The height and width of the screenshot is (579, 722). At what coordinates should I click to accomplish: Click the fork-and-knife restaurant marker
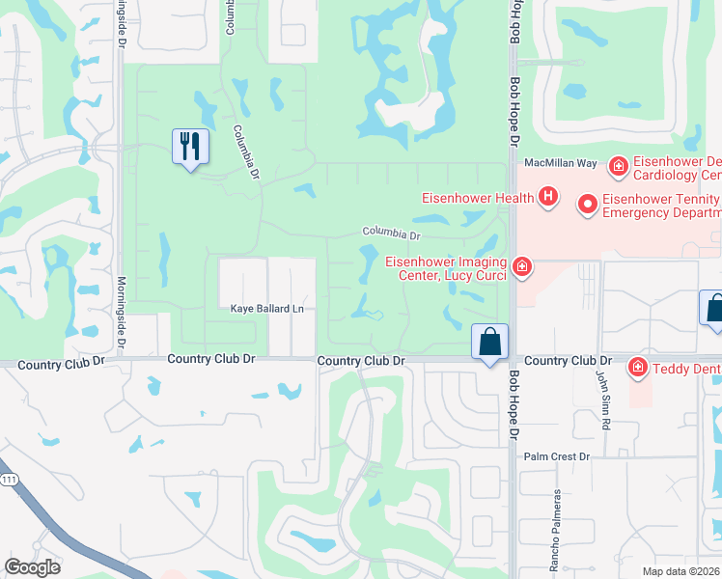pos(189,148)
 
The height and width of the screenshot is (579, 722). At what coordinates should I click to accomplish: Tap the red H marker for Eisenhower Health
pos(548,198)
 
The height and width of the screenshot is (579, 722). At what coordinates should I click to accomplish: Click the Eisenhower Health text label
pos(478,199)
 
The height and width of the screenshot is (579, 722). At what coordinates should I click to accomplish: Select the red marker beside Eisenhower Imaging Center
pos(522,265)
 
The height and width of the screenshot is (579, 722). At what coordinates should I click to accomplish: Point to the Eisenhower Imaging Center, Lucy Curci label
pos(448,267)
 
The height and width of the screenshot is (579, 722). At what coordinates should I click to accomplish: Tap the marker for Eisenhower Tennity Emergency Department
pos(587,204)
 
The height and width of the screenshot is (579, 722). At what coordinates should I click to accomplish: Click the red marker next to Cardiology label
pos(619,169)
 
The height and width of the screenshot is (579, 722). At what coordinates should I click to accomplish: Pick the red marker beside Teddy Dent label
pos(637,367)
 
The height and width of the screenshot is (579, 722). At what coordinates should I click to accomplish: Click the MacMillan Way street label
pos(560,165)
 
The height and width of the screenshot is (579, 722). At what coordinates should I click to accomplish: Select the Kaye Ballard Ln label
pos(266,309)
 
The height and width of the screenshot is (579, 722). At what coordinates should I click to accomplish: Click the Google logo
pos(33,567)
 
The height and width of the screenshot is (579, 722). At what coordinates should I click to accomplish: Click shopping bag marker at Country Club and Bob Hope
pos(490,342)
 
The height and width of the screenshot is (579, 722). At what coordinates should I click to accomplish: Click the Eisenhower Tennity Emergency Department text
pos(661,206)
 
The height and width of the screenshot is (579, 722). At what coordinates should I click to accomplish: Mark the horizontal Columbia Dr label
pos(392,234)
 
